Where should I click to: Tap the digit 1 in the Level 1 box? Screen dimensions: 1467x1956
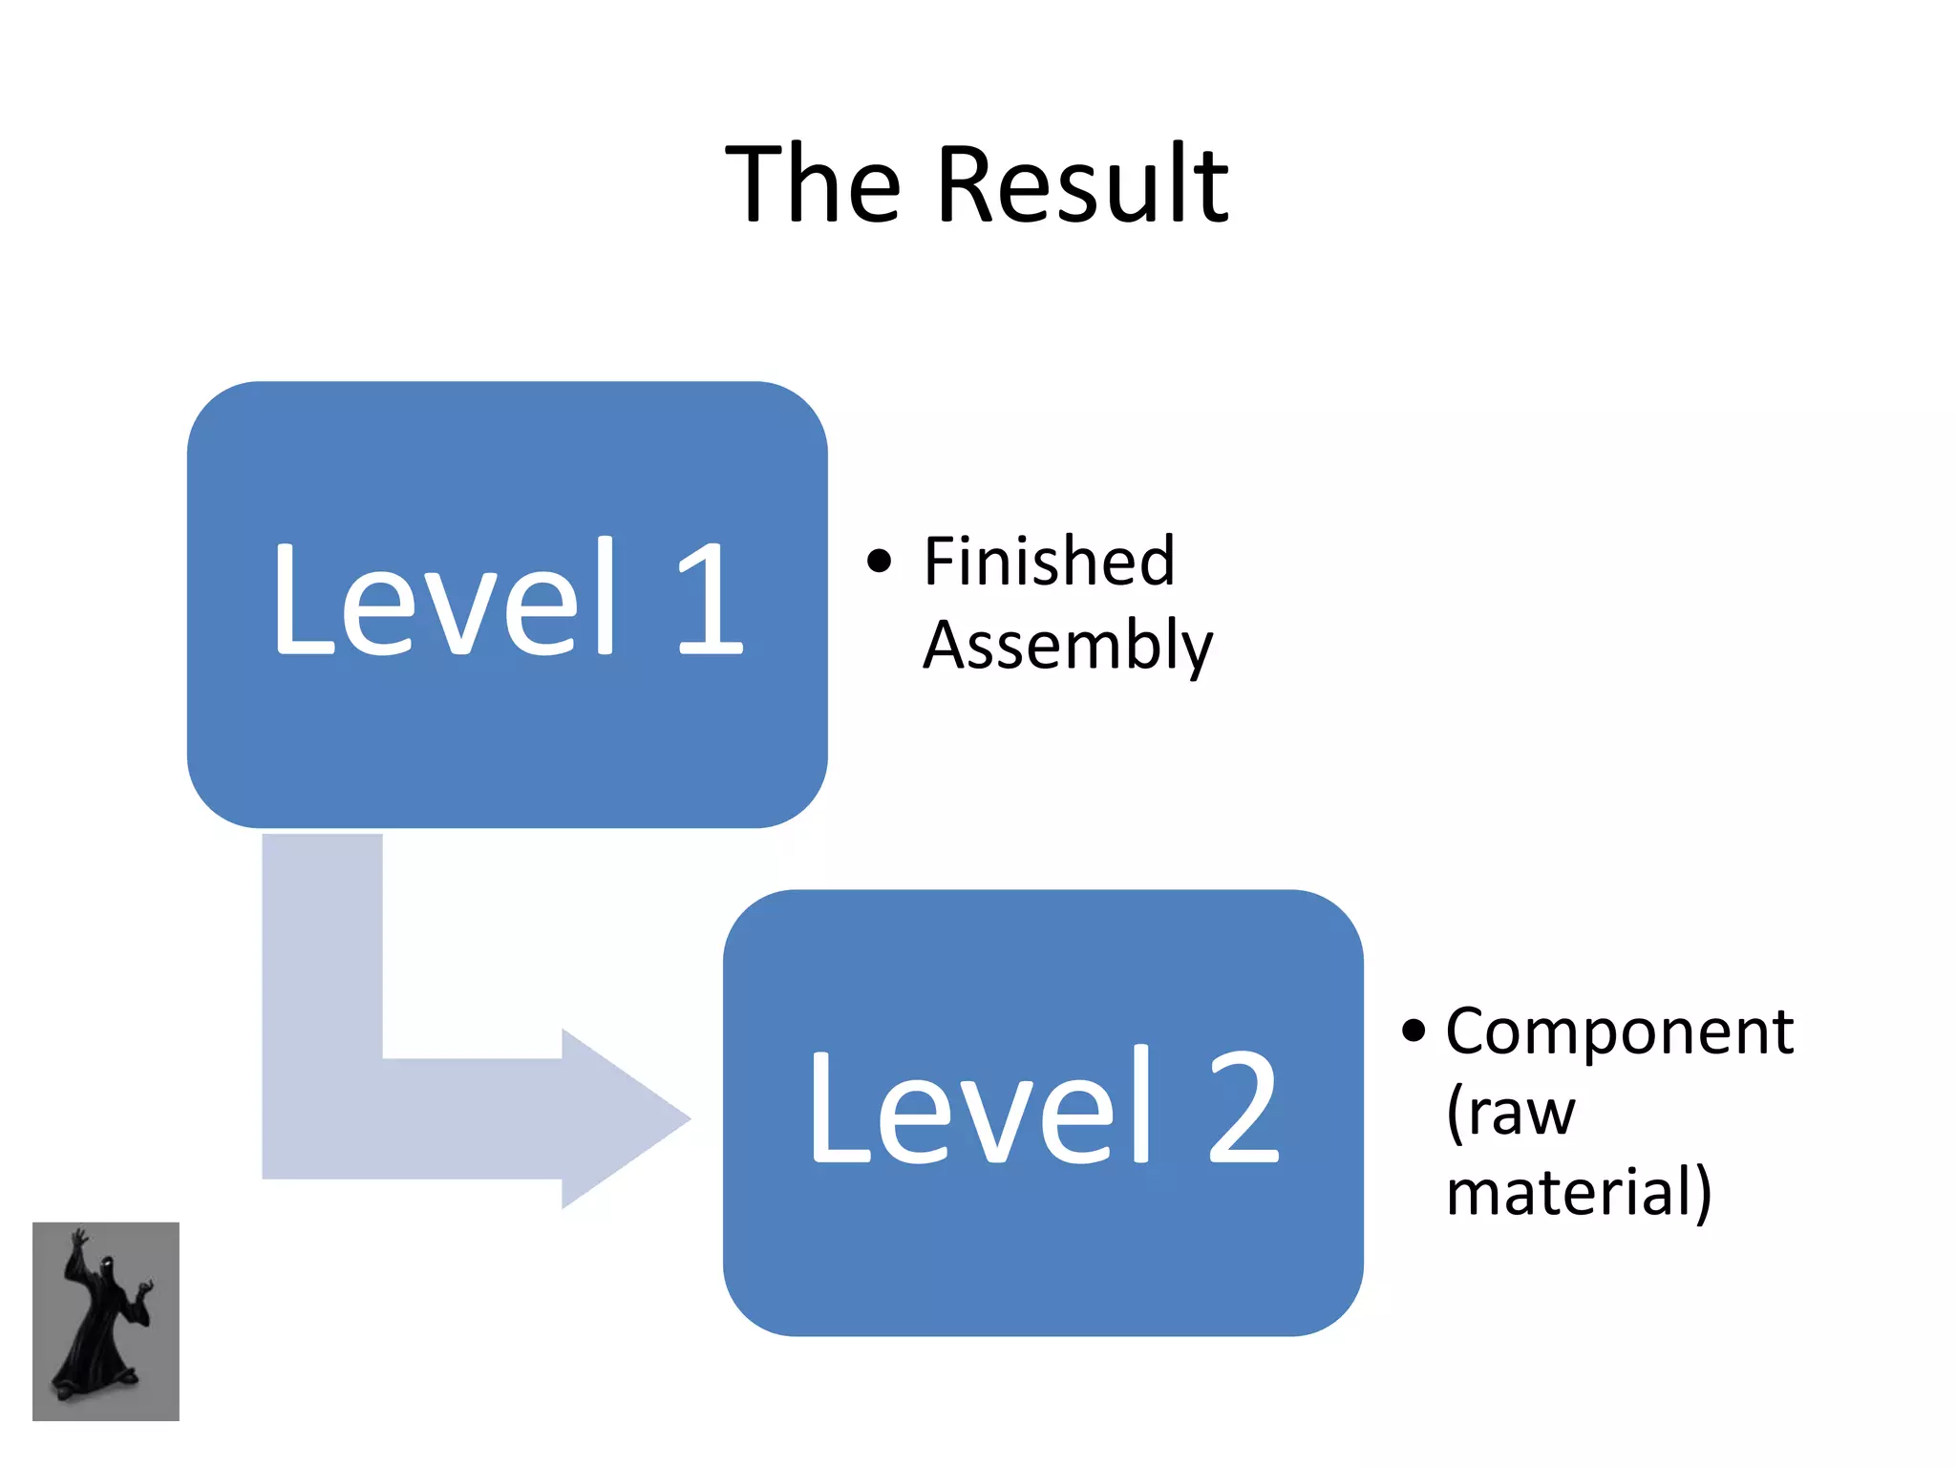[x=709, y=599]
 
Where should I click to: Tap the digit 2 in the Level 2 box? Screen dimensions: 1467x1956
[x=1242, y=1108]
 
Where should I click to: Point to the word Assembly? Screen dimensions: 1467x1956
[x=1067, y=647]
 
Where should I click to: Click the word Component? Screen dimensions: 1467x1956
[x=1619, y=1033]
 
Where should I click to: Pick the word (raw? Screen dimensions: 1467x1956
[x=1510, y=1114]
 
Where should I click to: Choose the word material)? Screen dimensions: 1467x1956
[x=1578, y=1193]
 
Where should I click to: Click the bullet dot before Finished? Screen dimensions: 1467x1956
[x=879, y=561]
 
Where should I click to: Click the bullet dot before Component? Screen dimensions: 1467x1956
[x=1414, y=1031]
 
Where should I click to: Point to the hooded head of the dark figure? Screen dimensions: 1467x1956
[x=106, y=1268]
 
